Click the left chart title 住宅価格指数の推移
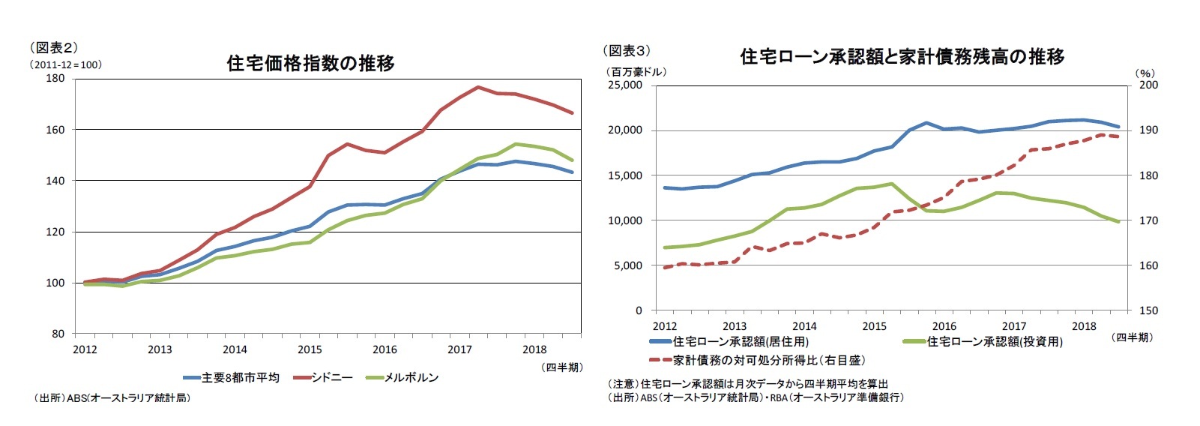tap(310, 63)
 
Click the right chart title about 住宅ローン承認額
tap(902, 56)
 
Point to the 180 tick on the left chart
tap(56, 78)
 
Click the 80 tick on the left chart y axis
tap(58, 334)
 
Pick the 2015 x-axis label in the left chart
tap(310, 349)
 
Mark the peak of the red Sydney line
tap(477, 87)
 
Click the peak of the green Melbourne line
tap(516, 144)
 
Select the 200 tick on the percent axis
tap(1148, 85)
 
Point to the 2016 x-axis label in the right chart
tap(944, 326)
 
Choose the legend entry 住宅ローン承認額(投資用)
tap(994, 341)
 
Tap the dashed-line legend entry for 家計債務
tap(768, 360)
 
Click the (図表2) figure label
tap(53, 47)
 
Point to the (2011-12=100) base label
tap(66, 64)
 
